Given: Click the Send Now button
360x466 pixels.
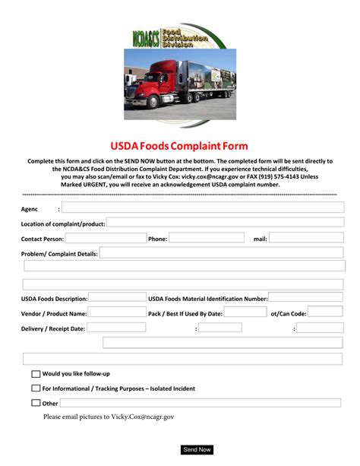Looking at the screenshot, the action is pyautogui.click(x=197, y=449).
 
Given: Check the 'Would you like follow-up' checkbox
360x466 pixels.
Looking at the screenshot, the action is pyautogui.click(x=36, y=374).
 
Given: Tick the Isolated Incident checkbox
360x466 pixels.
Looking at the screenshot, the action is pyautogui.click(x=36, y=388).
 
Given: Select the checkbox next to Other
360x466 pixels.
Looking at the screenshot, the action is pyautogui.click(x=36, y=403).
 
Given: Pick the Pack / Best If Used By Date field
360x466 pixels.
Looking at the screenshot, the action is pyautogui.click(x=245, y=312).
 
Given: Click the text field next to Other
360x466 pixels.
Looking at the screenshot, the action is pyautogui.click(x=201, y=403).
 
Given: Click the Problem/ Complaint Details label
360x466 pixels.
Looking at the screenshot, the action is pyautogui.click(x=59, y=253).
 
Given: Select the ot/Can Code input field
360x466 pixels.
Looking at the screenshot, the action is pyautogui.click(x=325, y=312).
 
